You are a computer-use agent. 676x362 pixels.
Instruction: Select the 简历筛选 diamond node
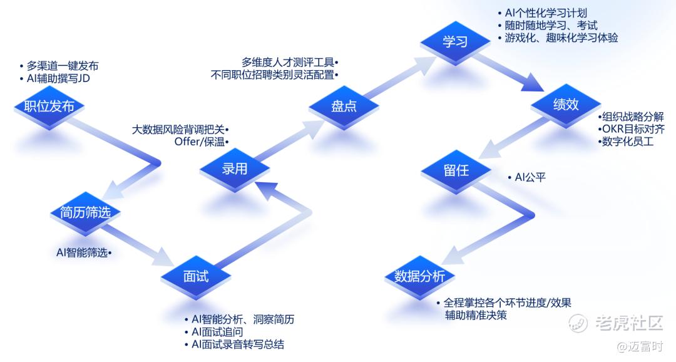pyautogui.click(x=85, y=213)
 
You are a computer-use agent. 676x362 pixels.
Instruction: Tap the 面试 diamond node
pyautogui.click(x=196, y=276)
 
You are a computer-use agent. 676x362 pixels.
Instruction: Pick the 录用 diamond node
pyautogui.click(x=235, y=168)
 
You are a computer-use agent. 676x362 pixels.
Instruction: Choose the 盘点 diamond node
pyautogui.click(x=344, y=106)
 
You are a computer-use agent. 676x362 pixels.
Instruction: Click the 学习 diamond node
pyautogui.click(x=455, y=42)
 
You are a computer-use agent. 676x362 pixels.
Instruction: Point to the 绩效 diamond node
pyautogui.click(x=565, y=105)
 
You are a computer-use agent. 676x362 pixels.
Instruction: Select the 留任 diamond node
pyautogui.click(x=455, y=170)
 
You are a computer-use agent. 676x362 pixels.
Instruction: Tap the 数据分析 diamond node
pyautogui.click(x=419, y=276)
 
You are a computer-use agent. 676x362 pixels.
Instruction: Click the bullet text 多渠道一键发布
pyautogui.click(x=62, y=66)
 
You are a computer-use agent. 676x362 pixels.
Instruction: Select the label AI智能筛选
pyautogui.click(x=82, y=253)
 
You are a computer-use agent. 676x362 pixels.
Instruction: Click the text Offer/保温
pyautogui.click(x=201, y=142)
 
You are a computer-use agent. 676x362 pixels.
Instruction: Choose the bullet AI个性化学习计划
pyautogui.click(x=546, y=13)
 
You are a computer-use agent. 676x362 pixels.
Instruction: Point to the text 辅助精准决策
pyautogui.click(x=475, y=315)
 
